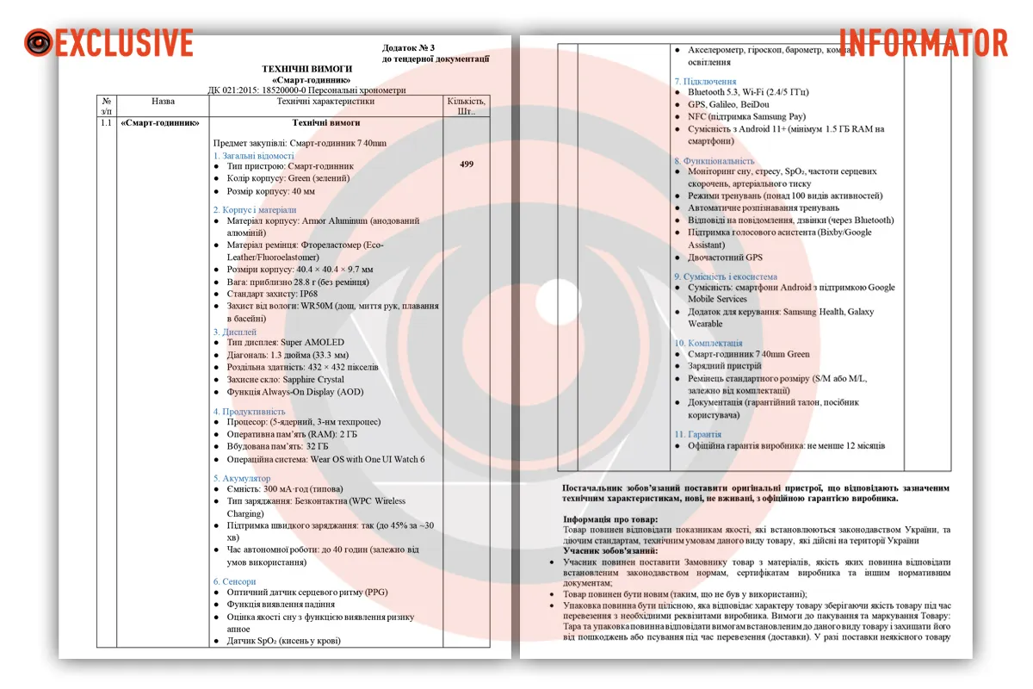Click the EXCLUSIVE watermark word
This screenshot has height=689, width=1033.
click(125, 42)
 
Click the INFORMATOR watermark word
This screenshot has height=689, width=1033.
click(923, 42)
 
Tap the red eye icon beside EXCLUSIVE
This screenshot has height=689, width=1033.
click(38, 42)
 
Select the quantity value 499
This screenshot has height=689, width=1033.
click(467, 164)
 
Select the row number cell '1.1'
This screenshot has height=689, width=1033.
click(106, 123)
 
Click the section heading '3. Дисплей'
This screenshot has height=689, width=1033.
click(235, 332)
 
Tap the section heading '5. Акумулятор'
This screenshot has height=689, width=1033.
click(242, 478)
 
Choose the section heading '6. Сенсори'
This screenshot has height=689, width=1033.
click(234, 581)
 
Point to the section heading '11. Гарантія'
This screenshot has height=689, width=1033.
click(697, 434)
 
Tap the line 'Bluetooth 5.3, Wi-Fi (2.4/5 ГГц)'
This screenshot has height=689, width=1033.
click(748, 92)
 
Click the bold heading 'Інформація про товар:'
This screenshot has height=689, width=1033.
click(610, 519)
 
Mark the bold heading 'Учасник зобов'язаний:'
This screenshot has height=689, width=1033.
click(610, 550)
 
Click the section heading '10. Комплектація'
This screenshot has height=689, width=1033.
click(708, 343)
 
